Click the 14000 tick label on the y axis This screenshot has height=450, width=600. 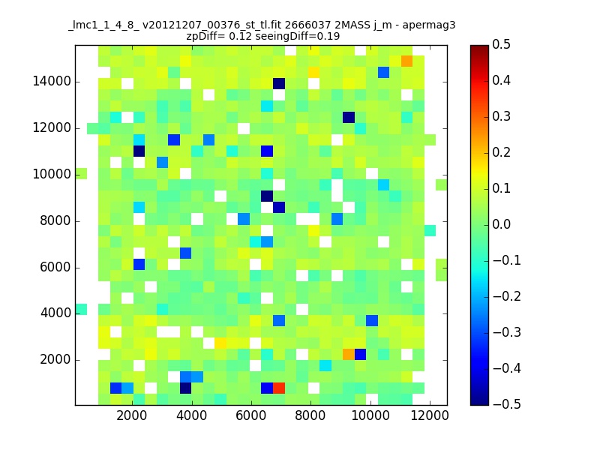click(x=52, y=82)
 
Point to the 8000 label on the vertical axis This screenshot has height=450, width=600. click(x=55, y=220)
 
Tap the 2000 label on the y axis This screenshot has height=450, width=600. click(x=55, y=360)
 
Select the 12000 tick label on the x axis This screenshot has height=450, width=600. click(x=429, y=415)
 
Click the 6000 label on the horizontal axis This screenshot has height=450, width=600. click(x=251, y=415)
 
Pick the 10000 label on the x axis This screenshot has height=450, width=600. click(x=370, y=415)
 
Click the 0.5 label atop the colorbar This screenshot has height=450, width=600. click(x=501, y=44)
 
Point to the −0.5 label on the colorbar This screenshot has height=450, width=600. click(x=507, y=404)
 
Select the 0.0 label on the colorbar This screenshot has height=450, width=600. click(x=501, y=224)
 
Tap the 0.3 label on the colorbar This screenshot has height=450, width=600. click(x=501, y=116)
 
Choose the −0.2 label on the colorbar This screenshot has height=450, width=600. click(x=507, y=296)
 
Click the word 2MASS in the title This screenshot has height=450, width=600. click(x=352, y=25)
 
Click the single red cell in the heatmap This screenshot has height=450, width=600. click(x=278, y=388)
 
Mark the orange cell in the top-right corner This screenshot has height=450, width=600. click(x=406, y=61)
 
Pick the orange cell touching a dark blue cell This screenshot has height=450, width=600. click(x=349, y=354)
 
